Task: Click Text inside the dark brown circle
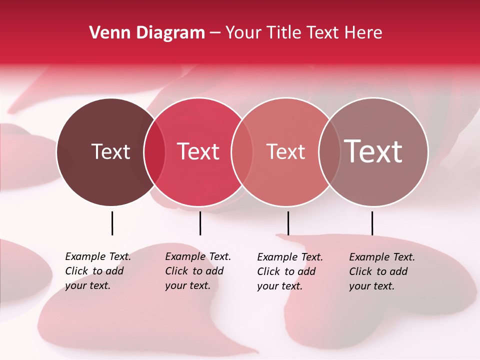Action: click(110, 151)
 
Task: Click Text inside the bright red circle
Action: click(198, 151)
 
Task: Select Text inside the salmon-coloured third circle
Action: click(285, 151)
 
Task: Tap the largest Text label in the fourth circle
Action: click(373, 151)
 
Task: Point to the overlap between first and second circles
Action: click(154, 152)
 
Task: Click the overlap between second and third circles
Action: click(242, 152)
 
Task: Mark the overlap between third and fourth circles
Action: click(329, 152)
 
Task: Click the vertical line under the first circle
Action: click(112, 223)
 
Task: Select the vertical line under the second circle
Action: click(200, 223)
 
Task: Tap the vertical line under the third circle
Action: click(288, 223)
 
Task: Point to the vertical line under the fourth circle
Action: click(372, 223)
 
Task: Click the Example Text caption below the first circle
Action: click(98, 271)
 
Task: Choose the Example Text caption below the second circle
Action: click(198, 271)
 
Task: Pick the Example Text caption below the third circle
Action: click(290, 271)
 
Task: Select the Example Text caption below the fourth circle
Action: click(382, 271)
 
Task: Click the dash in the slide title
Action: click(215, 33)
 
